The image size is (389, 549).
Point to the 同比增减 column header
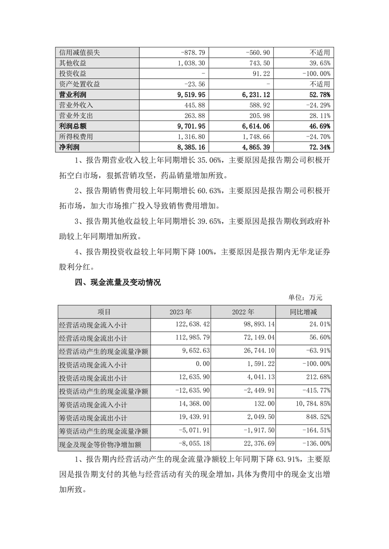coord(303,312)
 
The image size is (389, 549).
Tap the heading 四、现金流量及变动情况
coord(117,282)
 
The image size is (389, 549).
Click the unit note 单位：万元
coord(305,297)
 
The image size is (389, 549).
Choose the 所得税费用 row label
coord(75,137)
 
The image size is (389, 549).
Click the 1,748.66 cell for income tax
coord(253,137)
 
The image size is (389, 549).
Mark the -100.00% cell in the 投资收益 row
coord(314,73)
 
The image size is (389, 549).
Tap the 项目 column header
coord(104,312)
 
